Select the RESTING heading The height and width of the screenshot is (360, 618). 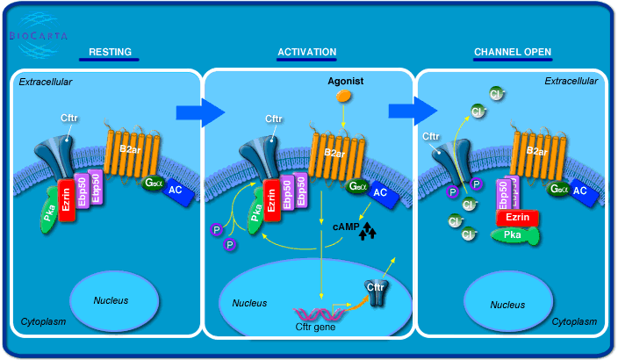[x=110, y=53]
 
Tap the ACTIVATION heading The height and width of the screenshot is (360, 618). [x=306, y=53]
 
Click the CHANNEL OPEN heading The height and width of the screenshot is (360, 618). [x=513, y=53]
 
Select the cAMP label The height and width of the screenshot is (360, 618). [x=345, y=227]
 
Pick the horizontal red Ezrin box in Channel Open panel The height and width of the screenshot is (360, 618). [x=517, y=218]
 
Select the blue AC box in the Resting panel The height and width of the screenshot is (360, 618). [x=177, y=191]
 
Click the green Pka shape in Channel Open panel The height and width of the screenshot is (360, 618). [x=514, y=234]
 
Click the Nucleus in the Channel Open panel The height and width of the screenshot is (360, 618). [x=508, y=305]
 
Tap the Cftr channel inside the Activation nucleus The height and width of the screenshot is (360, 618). [x=375, y=291]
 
